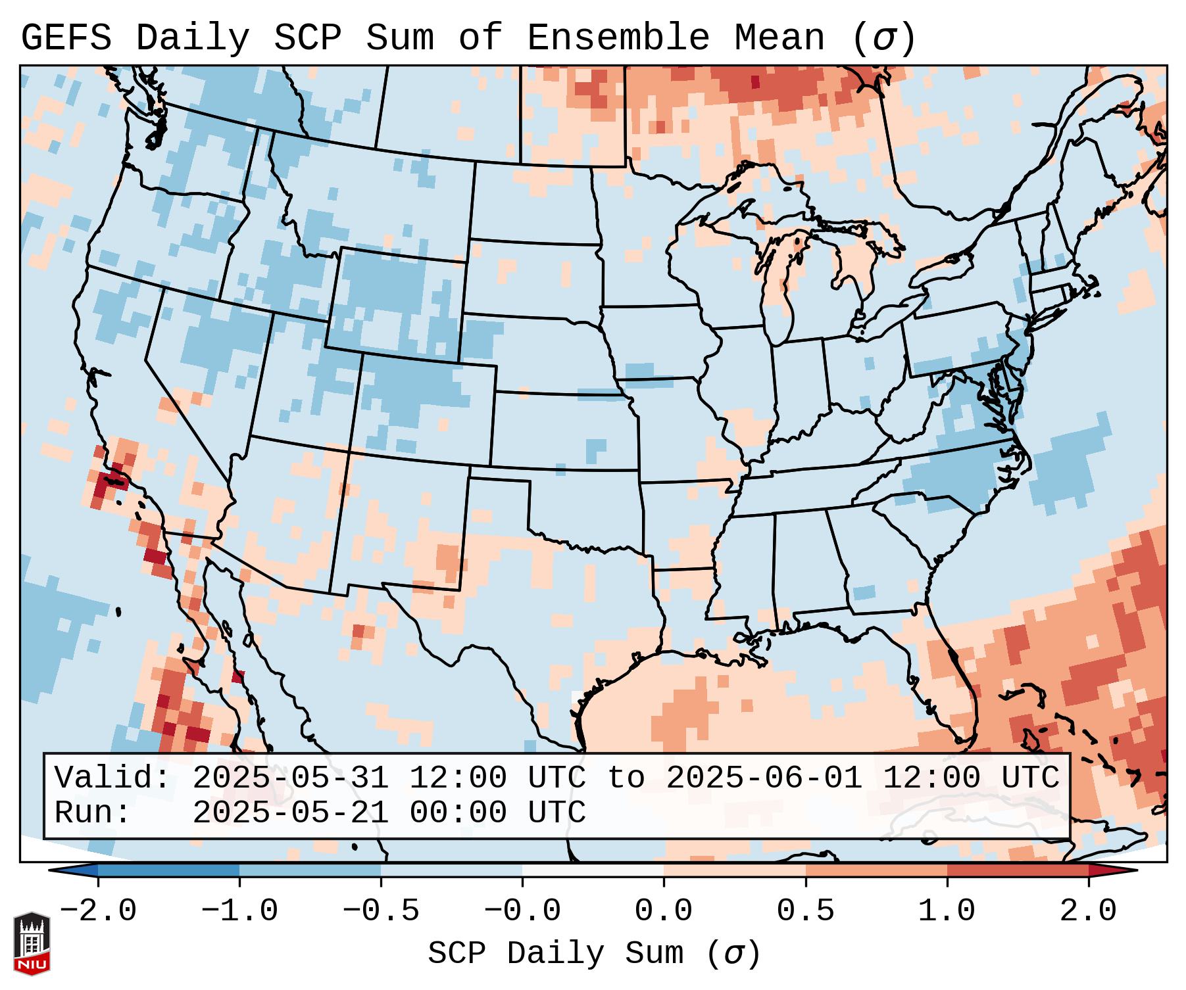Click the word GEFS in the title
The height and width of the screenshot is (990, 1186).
coord(66,38)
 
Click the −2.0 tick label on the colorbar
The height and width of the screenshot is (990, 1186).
coord(97,911)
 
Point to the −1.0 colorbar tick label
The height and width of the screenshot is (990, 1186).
coord(239,911)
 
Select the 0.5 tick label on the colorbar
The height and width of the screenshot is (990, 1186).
coord(805,911)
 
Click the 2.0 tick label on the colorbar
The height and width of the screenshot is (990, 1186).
coord(1088,911)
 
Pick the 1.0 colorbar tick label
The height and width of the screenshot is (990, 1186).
coord(947,911)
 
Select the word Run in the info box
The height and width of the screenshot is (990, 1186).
coord(92,813)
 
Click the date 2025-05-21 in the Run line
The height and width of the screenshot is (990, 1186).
coord(290,813)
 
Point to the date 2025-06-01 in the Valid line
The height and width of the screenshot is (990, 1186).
coord(764,778)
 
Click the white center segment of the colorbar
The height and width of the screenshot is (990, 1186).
coord(593,870)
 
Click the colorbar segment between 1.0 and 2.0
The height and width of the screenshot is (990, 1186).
coord(1018,870)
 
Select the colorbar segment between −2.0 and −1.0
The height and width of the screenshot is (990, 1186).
coord(168,870)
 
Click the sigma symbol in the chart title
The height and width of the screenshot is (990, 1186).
coord(883,38)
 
